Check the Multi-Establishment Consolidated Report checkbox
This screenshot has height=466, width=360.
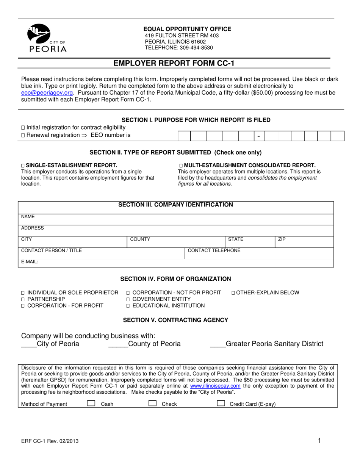(181, 166)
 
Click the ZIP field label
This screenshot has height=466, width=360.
(282, 239)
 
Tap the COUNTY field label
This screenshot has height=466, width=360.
(140, 239)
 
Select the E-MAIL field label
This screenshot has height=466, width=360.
(30, 261)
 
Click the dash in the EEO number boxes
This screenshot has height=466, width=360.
(258, 136)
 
